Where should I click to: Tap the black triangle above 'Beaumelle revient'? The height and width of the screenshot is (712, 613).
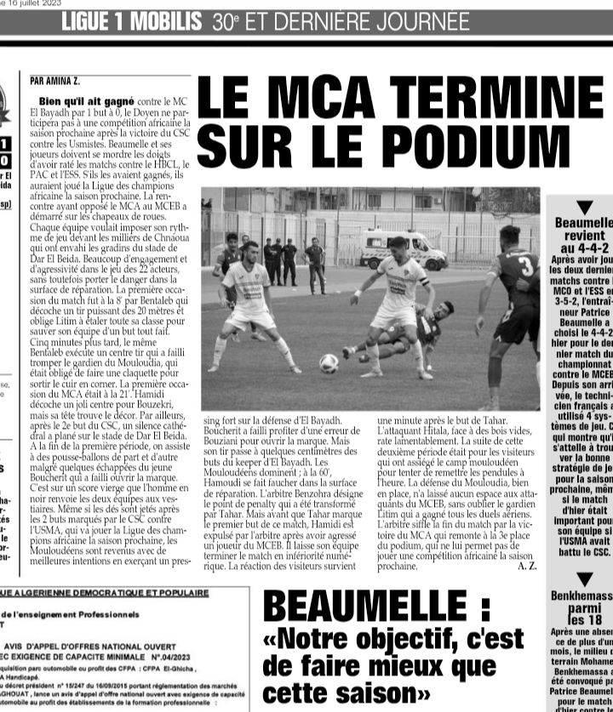click(x=584, y=207)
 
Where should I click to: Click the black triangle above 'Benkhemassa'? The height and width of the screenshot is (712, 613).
click(x=584, y=580)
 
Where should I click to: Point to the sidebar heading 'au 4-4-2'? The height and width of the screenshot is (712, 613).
click(x=584, y=248)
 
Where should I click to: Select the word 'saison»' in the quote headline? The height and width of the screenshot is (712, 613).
click(x=324, y=692)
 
